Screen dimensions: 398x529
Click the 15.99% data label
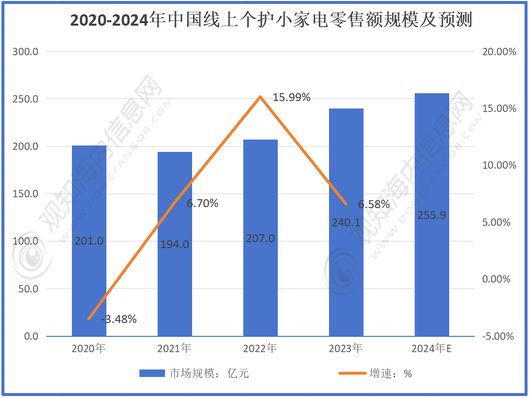pos(292,98)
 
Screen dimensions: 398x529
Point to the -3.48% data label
pos(119,319)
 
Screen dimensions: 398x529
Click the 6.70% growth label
pos(202,203)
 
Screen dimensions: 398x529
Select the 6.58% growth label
pos(374,204)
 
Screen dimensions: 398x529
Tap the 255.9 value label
pos(431,216)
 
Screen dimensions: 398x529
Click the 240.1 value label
pos(345,223)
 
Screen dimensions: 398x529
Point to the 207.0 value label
pos(261,239)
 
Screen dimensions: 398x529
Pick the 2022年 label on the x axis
pos(260,349)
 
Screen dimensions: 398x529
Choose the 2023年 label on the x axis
pos(346,349)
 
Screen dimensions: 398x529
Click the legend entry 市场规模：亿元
pos(194,373)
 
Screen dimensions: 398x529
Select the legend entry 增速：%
pos(375,373)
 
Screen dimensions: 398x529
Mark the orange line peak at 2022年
pos(261,97)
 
